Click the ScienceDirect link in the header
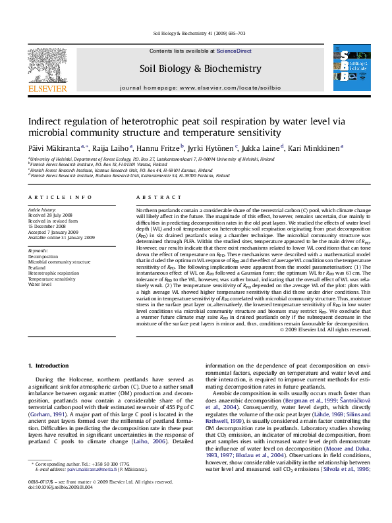234,51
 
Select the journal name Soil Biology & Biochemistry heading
200,69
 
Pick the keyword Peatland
37,268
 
